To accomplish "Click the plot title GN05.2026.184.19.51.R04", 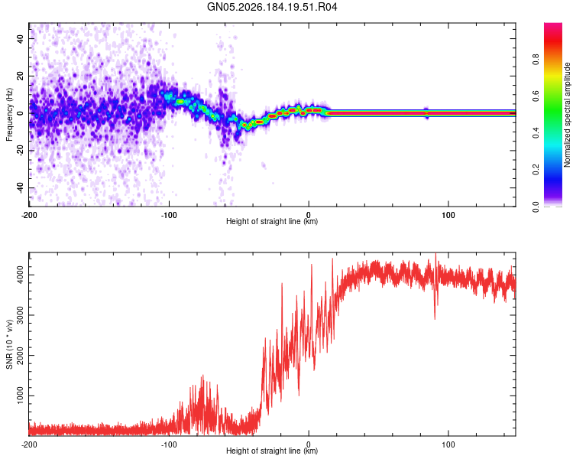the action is point(272,7).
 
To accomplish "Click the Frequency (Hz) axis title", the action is point(9,115).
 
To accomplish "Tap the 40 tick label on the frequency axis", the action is point(21,38).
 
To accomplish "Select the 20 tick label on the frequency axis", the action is point(21,76).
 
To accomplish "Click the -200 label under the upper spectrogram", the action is point(29,215).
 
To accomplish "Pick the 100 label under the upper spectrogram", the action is point(448,215).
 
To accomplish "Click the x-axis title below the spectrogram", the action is point(272,221).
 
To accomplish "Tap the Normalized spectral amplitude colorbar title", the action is point(567,115).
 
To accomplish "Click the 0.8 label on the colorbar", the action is point(536,59).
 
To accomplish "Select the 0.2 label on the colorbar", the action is point(536,170).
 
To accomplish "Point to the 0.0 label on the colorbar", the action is point(536,207).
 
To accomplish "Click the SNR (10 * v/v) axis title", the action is point(9,344).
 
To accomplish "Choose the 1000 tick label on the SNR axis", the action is point(21,396).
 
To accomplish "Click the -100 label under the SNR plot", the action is point(169,444).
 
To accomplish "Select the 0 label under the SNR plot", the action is point(309,444).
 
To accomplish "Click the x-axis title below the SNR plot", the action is point(272,451).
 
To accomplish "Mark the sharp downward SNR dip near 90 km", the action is point(435,314).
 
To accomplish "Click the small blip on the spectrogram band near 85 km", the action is point(426,113).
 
